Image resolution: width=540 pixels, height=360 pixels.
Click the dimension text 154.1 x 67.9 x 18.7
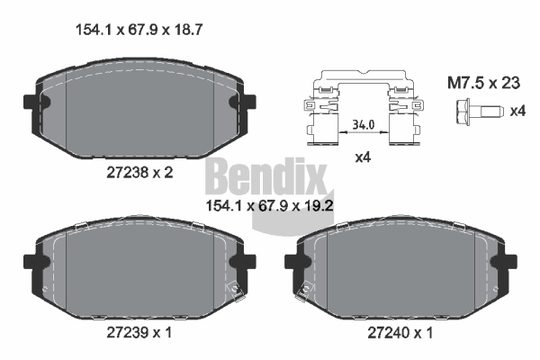[x=139, y=30]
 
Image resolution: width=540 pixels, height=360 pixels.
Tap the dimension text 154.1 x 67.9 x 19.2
[x=269, y=206]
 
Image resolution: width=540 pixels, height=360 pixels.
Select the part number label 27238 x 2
[x=139, y=172]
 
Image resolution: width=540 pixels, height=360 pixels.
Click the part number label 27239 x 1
[x=139, y=332]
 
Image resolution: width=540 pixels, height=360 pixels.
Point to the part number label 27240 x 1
[x=400, y=333]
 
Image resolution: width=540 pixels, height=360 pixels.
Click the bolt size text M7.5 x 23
[x=483, y=83]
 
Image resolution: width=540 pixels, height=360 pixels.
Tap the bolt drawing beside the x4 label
[x=480, y=111]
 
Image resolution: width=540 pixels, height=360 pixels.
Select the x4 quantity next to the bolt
[x=517, y=112]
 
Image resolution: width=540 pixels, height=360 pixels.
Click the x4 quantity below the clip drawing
[x=363, y=157]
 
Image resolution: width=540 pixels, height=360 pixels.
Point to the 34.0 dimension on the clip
[x=363, y=124]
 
